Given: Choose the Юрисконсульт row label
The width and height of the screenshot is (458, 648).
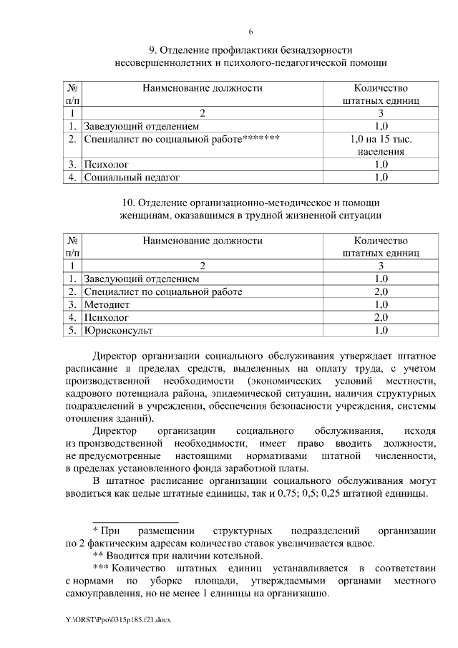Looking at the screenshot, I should click(118, 330).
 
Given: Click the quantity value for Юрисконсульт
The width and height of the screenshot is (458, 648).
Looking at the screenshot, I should click(381, 330).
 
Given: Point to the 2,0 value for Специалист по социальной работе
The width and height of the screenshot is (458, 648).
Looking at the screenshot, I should click(381, 291).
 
